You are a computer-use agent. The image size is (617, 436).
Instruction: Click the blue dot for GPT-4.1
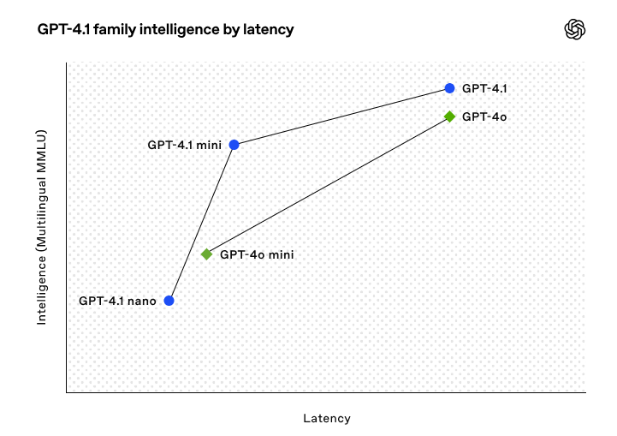click(x=449, y=88)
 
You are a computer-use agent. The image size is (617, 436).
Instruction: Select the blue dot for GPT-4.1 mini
click(x=234, y=145)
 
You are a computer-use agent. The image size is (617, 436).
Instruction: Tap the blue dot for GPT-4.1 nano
click(x=169, y=301)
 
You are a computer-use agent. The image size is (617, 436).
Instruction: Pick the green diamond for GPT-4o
click(x=449, y=116)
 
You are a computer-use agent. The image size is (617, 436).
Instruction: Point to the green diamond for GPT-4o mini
click(x=206, y=254)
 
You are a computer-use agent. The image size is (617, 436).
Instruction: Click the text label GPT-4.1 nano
click(x=117, y=301)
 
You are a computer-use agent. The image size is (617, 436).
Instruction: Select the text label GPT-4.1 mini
click(x=185, y=145)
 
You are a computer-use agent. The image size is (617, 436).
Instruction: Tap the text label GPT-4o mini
click(x=257, y=254)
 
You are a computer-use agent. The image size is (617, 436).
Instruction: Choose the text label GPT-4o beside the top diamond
click(x=484, y=116)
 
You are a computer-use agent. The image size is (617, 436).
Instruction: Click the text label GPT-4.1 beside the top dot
click(x=484, y=88)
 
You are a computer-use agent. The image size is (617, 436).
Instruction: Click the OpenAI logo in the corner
click(x=574, y=29)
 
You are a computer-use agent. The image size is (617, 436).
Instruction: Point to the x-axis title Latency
click(x=327, y=418)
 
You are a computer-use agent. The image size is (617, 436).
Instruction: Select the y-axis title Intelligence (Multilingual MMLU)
click(x=42, y=227)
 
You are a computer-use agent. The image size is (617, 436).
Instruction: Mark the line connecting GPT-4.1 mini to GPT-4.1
click(x=342, y=116)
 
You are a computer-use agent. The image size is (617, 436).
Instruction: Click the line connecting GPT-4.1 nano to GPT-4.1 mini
click(x=201, y=223)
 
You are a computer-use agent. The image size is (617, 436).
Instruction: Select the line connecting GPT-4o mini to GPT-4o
click(x=328, y=186)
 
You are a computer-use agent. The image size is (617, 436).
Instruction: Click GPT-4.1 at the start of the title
click(x=63, y=29)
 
